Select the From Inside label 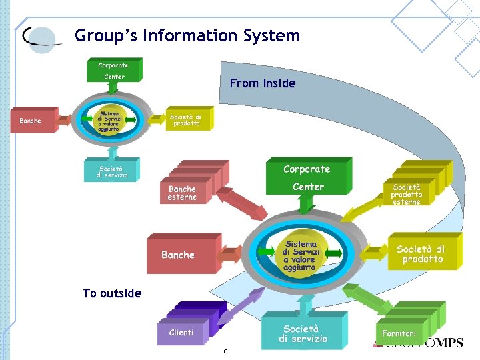pos(262,83)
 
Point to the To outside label pos(111,293)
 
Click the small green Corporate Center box pos(113,70)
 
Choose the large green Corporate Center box pos(307,177)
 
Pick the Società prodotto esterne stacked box pos(408,193)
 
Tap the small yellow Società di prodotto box pos(188,120)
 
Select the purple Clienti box pos(182,331)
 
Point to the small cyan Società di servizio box pos(111,171)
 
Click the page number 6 pos(225,351)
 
